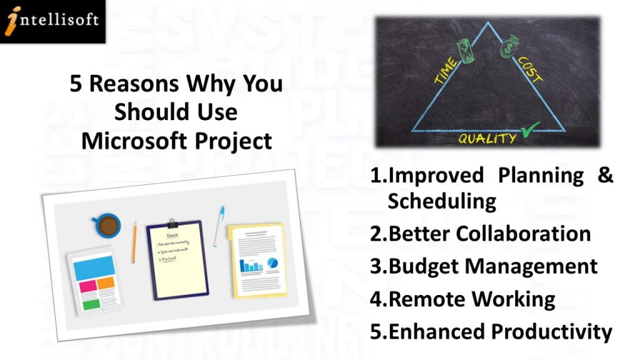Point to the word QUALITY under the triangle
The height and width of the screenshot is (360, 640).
[487, 138]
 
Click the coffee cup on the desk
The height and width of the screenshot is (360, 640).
[107, 224]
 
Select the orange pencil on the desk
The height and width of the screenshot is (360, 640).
[133, 242]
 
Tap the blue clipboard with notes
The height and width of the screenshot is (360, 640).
[177, 259]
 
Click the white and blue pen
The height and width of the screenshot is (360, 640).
[219, 226]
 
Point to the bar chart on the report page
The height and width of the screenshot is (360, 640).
[252, 266]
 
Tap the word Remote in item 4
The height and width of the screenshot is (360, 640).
[426, 299]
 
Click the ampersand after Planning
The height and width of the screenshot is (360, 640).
[605, 175]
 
